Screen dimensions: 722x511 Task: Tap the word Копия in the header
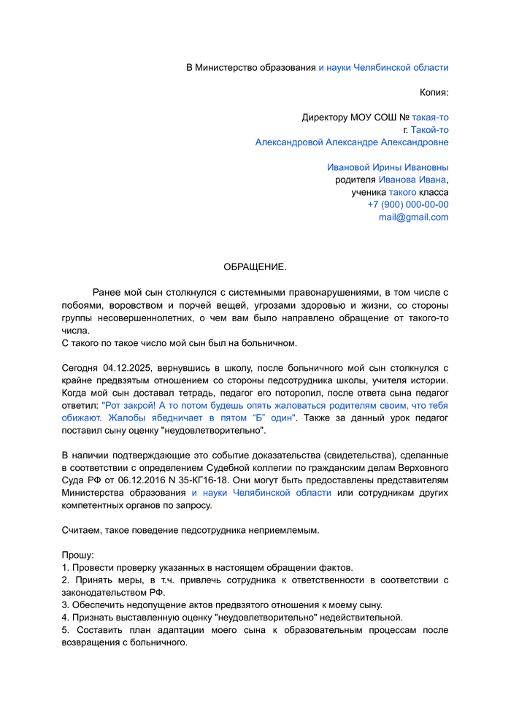(x=433, y=93)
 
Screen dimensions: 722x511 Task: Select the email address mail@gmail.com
(x=413, y=218)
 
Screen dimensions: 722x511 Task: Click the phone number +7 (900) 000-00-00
(x=408, y=205)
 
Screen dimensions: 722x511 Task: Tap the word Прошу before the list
(x=77, y=555)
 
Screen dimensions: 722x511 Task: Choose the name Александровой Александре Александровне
(x=352, y=142)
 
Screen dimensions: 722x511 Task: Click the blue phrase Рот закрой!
(x=128, y=405)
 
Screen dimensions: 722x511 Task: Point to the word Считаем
(x=82, y=530)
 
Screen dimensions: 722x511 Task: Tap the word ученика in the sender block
(x=368, y=193)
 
